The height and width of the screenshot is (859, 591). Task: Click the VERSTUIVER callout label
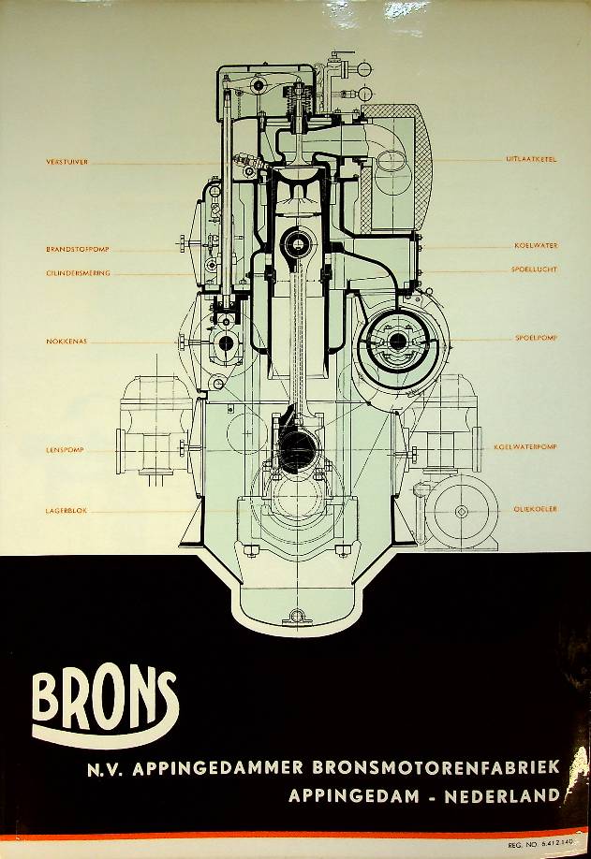(x=66, y=162)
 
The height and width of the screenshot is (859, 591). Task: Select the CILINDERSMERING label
(x=78, y=273)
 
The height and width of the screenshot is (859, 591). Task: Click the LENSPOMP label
(x=65, y=450)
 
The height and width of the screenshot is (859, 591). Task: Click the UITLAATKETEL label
(x=531, y=160)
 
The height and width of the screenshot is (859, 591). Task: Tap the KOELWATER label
(x=536, y=245)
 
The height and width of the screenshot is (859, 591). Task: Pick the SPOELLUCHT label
(x=534, y=269)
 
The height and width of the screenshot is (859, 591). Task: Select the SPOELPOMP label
(x=536, y=337)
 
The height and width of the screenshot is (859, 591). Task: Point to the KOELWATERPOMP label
(x=525, y=447)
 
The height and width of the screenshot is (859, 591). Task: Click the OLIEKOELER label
(x=535, y=509)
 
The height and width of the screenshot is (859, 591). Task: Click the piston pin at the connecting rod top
(x=297, y=246)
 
